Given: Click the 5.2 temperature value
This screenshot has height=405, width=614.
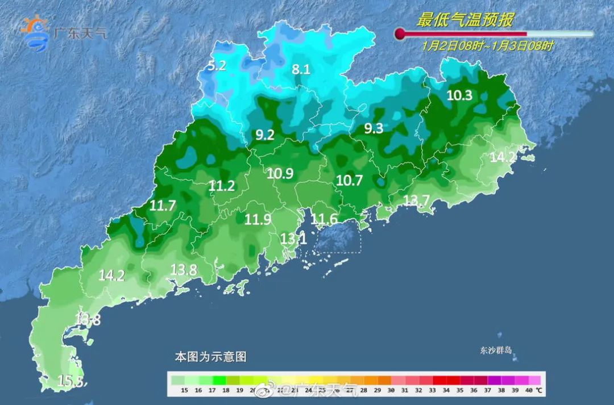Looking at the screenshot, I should coord(217,65).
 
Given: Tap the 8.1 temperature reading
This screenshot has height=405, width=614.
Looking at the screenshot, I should coord(301,69).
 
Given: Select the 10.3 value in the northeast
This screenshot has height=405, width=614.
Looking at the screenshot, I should coord(459,95).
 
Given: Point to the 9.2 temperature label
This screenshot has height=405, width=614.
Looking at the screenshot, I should coord(265,135).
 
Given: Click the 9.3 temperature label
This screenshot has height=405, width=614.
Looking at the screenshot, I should coord(374,128).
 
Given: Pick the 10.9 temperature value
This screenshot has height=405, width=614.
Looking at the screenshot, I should coord(280,174).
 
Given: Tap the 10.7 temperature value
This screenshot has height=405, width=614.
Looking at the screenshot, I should coord(349,181).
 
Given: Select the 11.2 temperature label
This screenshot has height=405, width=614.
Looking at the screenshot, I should coord(222,185).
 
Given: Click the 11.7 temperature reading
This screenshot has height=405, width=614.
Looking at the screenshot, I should coord(163,206).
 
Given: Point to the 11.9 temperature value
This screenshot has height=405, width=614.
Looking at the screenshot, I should coord(258,219).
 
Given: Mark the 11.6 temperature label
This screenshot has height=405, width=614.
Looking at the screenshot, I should coord(324,219).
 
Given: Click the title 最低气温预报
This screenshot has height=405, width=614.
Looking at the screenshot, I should coord(465,20).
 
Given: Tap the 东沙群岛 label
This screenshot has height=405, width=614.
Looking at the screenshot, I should coord(495,351).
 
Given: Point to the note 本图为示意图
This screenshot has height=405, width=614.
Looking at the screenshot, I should coord(210,357).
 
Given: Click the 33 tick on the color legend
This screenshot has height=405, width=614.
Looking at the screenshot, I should coord(433,391).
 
